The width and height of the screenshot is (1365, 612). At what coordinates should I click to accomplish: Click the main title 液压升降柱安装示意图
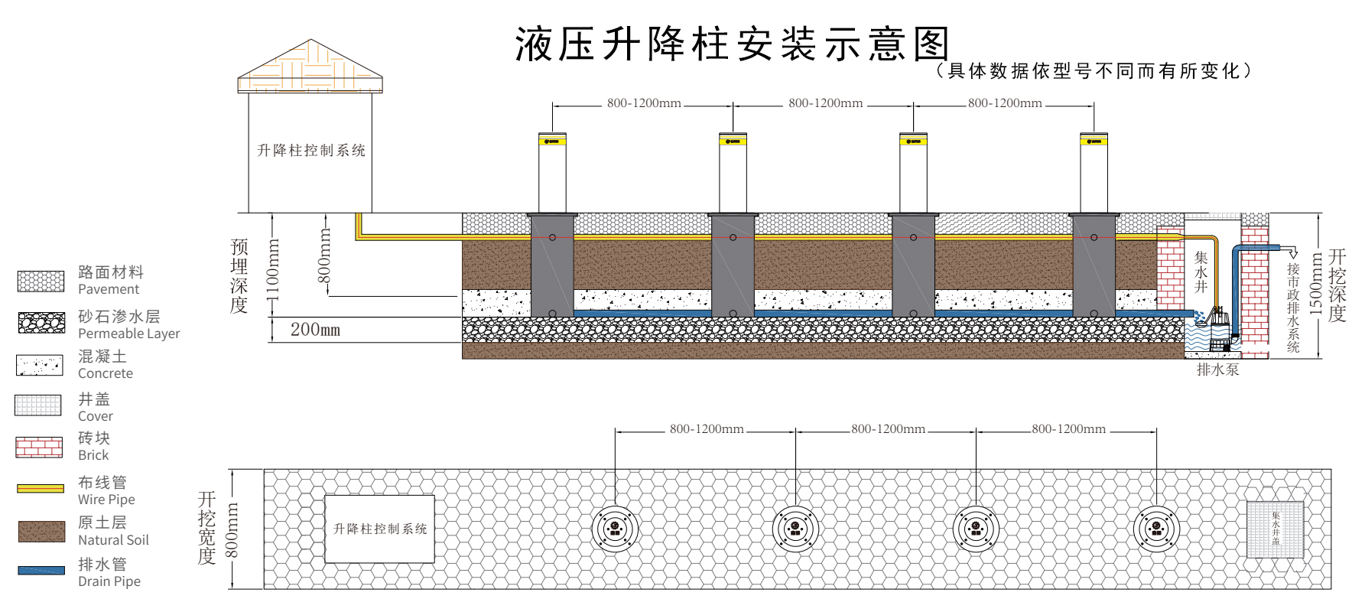click(x=732, y=44)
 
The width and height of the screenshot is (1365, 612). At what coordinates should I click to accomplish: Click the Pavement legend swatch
click(x=41, y=281)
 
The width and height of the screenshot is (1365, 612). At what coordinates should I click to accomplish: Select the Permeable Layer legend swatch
click(x=41, y=323)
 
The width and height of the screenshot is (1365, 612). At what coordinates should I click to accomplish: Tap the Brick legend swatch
click(x=39, y=447)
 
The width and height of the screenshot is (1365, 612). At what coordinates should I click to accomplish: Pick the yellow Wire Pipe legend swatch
click(x=41, y=488)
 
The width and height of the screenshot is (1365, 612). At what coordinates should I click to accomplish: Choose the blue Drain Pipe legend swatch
click(x=41, y=571)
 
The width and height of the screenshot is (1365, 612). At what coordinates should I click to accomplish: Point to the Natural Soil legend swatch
click(x=41, y=532)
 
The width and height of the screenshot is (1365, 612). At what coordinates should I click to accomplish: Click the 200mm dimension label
click(x=315, y=330)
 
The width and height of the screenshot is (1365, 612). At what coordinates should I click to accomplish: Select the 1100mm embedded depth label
click(x=273, y=269)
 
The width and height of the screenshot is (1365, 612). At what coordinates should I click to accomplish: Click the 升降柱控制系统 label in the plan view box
click(x=380, y=529)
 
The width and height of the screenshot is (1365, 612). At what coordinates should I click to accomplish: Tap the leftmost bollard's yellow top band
click(x=552, y=141)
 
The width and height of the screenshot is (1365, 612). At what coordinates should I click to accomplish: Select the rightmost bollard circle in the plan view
click(x=1156, y=529)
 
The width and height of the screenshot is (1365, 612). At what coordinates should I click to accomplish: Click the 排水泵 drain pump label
click(x=1217, y=370)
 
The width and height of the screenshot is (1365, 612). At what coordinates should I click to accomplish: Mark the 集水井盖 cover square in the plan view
click(x=1275, y=529)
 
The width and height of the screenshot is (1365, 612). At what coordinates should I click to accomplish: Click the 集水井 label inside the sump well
click(x=1201, y=272)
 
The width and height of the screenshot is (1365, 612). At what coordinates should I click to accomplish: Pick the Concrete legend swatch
click(x=40, y=365)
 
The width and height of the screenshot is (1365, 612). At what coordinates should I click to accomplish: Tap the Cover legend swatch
click(x=38, y=405)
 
